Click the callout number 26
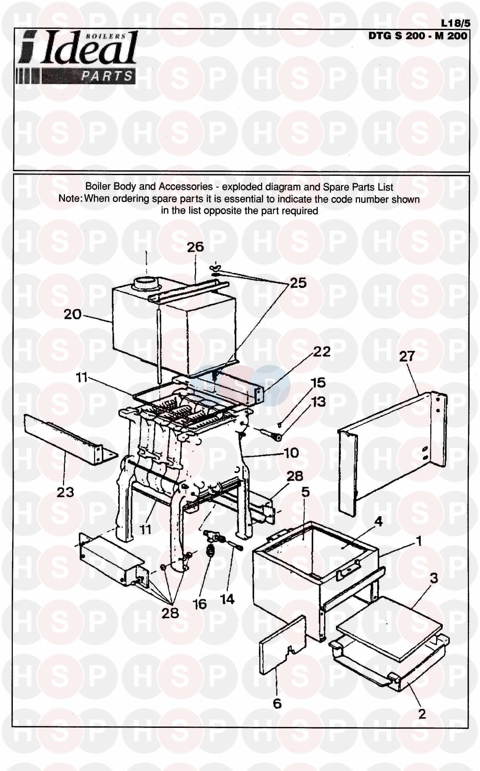[x=195, y=247]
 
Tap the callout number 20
[x=73, y=314]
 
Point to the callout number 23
[x=65, y=492]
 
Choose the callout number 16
[x=199, y=604]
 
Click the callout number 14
[x=227, y=599]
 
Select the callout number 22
[x=322, y=352]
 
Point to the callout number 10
[x=291, y=453]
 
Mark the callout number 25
[x=298, y=283]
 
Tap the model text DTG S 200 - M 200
[x=418, y=35]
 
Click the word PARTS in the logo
[x=107, y=76]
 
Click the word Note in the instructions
[x=69, y=199]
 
